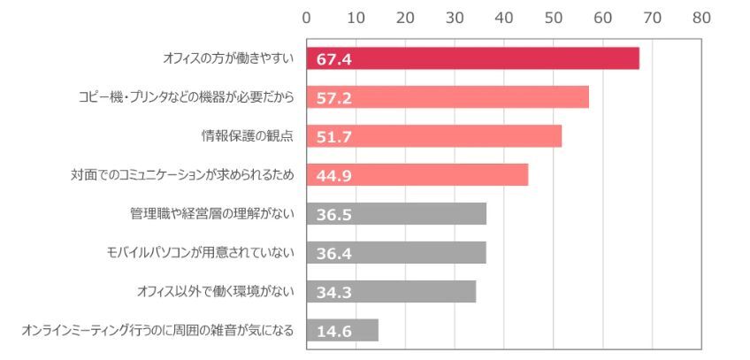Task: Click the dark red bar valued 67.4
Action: point(472,58)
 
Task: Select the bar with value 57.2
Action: point(448,97)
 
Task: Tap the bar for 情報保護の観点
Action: point(433,136)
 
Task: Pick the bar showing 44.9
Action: point(417,175)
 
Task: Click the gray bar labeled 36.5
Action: point(396,213)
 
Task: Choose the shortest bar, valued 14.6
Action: point(342,330)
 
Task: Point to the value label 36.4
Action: point(334,253)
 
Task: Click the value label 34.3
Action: point(334,292)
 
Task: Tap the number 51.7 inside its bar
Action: point(334,136)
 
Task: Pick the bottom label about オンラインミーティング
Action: point(157,331)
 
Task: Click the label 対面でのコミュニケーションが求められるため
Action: point(182,175)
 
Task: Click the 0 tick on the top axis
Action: point(306,17)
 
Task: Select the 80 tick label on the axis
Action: point(702,17)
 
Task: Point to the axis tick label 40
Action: point(504,17)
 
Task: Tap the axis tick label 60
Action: point(603,17)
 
